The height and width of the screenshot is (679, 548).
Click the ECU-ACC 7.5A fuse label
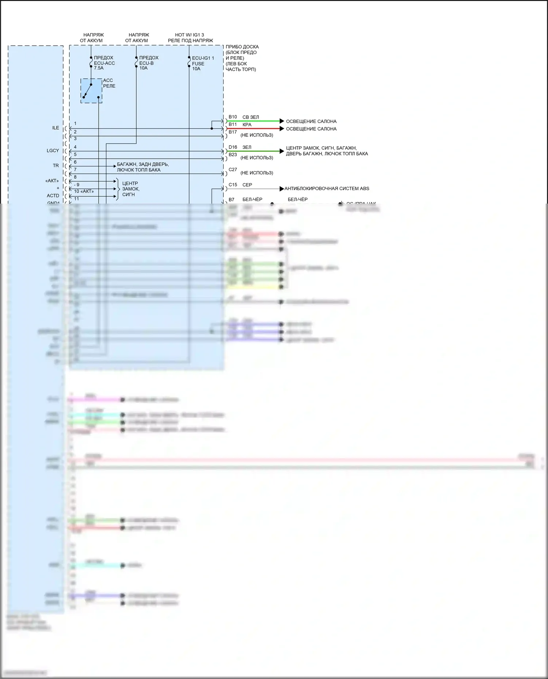click(x=104, y=63)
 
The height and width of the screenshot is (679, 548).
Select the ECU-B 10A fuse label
click(x=148, y=63)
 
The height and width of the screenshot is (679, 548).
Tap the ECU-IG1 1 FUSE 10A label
click(x=202, y=63)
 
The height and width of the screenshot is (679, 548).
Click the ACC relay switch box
click(x=91, y=91)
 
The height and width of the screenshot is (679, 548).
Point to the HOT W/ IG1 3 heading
click(x=190, y=35)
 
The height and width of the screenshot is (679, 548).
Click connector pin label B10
click(x=233, y=117)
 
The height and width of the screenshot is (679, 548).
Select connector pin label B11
click(x=233, y=124)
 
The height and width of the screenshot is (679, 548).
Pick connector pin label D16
click(x=233, y=147)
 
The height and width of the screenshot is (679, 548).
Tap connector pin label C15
click(x=233, y=185)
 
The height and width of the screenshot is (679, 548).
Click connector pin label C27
click(x=233, y=170)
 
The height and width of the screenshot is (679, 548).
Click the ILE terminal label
click(x=56, y=128)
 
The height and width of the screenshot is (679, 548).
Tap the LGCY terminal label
click(x=53, y=150)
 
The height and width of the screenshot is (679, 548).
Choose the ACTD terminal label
click(x=53, y=196)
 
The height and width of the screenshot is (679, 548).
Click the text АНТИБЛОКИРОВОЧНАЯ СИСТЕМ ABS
click(x=327, y=189)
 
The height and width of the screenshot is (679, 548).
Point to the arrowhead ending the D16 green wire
click(x=282, y=151)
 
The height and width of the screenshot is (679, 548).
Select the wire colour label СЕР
click(x=247, y=185)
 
